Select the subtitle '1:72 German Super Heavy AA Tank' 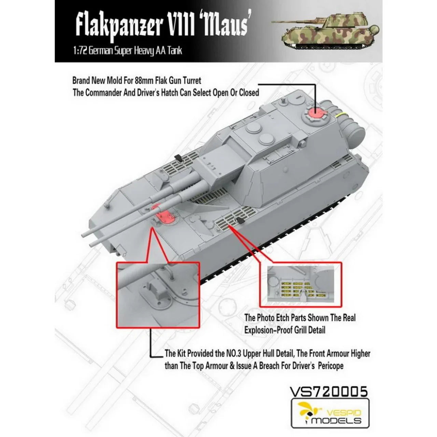click(128, 50)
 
